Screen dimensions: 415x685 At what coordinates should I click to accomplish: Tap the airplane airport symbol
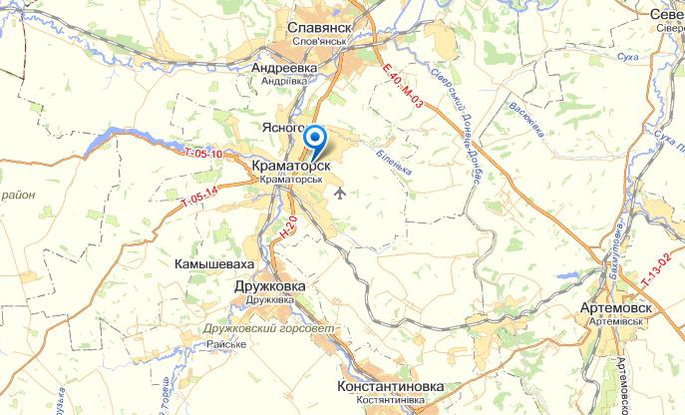pyautogui.click(x=342, y=191)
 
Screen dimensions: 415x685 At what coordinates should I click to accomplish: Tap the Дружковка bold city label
pyautogui.click(x=268, y=285)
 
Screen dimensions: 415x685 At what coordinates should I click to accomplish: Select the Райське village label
pyautogui.click(x=226, y=344)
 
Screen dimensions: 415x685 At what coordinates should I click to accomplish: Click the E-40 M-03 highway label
pyautogui.click(x=403, y=87)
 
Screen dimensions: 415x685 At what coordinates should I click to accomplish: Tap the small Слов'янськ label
pyautogui.click(x=321, y=44)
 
